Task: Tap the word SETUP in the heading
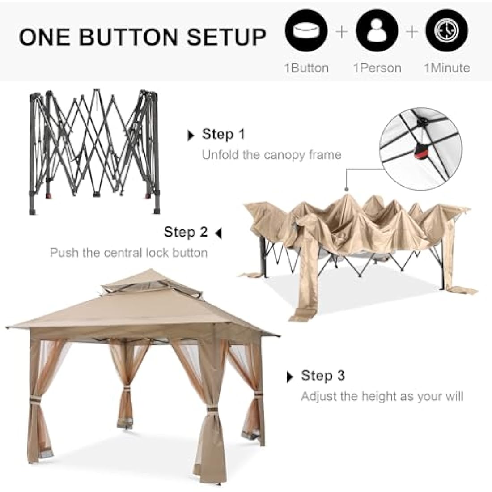[x=226, y=37]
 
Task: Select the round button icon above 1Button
[x=306, y=30]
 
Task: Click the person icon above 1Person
[x=377, y=30]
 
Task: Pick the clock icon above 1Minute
[x=447, y=30]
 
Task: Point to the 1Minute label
[x=447, y=68]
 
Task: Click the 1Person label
[x=377, y=68]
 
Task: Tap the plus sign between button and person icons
[x=342, y=32]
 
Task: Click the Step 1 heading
[x=223, y=134]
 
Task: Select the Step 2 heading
[x=186, y=232]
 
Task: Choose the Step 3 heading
[x=323, y=376]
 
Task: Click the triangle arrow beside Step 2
[x=218, y=233]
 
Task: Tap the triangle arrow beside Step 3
[x=290, y=377]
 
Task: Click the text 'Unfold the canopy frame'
[x=272, y=155]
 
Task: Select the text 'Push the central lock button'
[x=129, y=253]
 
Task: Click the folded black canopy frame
[x=94, y=151]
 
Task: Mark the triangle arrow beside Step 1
[x=191, y=136]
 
